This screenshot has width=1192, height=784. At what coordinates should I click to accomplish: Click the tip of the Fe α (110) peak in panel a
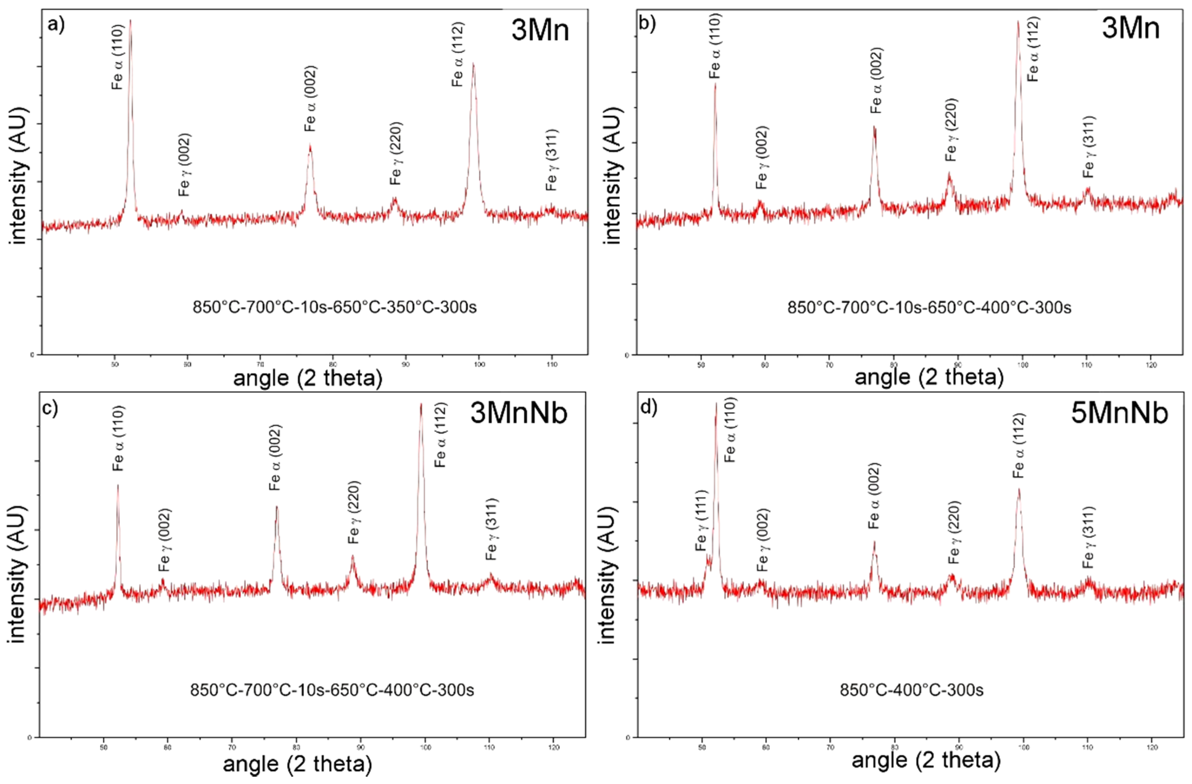[131, 21]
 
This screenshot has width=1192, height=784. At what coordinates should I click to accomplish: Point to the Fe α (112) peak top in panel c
[421, 405]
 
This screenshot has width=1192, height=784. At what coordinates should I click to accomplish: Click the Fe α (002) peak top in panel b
[874, 127]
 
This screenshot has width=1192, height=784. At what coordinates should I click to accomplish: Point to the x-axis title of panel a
[307, 378]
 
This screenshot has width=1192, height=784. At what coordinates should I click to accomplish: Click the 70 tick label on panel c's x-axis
[232, 748]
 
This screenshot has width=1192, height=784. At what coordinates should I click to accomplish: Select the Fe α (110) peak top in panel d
[716, 404]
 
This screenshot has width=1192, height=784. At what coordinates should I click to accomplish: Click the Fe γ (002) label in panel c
[165, 540]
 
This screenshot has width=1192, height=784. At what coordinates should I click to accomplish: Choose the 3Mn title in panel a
[540, 30]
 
